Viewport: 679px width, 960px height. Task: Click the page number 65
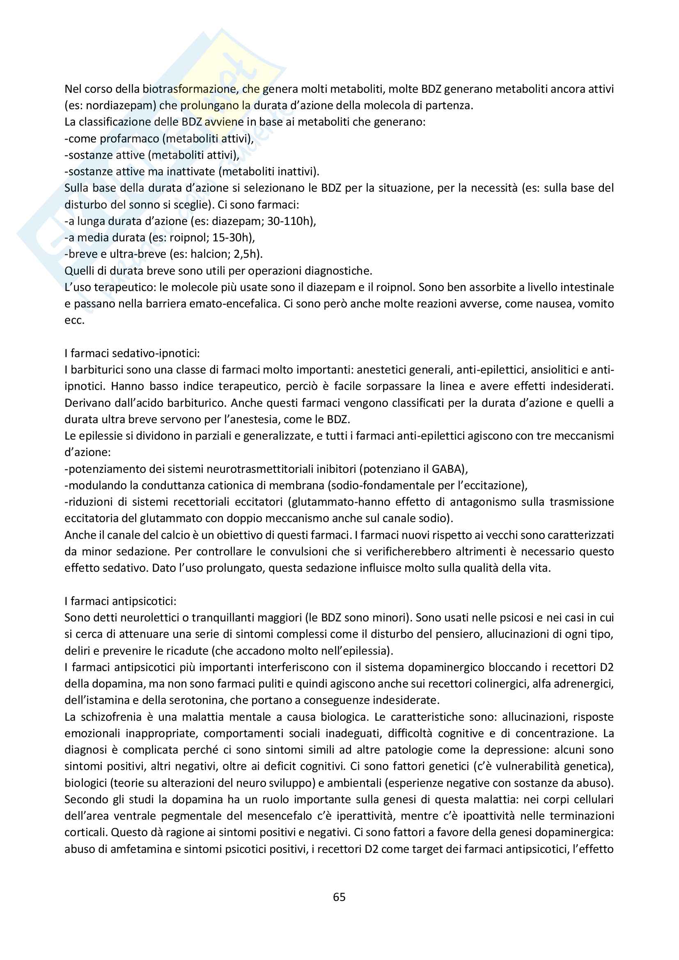pyautogui.click(x=339, y=897)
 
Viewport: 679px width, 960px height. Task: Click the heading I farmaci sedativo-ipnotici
pyautogui.click(x=132, y=353)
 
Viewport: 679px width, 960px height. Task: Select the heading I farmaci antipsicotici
pyautogui.click(x=120, y=601)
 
